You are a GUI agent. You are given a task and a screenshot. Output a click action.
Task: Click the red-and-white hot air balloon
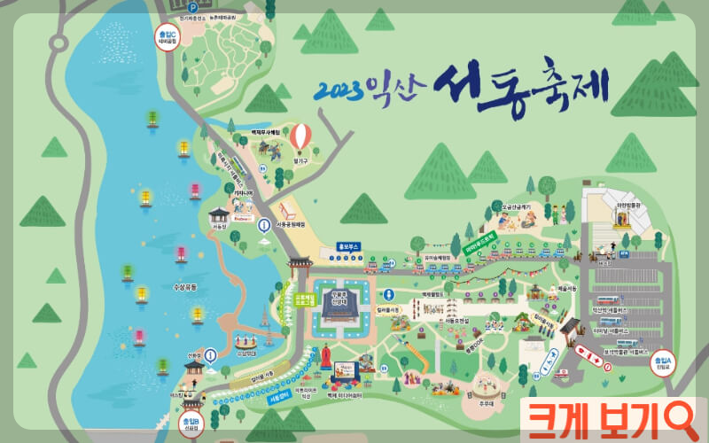pos(301,136)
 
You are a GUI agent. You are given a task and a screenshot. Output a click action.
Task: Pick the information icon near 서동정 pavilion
pos(263,226)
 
